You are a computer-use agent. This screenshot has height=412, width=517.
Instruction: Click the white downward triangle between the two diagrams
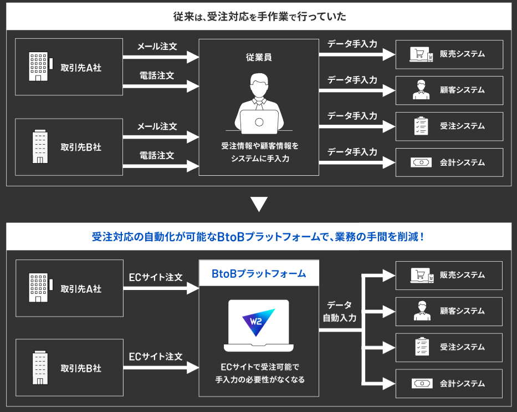point(259,204)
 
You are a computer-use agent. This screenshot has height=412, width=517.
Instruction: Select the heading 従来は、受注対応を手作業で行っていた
point(259,16)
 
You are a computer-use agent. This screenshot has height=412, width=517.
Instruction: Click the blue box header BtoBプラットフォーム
point(259,274)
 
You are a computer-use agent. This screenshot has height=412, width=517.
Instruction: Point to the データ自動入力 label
point(340,311)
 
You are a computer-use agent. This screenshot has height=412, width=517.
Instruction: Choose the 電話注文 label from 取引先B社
point(157,155)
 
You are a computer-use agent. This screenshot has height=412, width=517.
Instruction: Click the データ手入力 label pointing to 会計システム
point(352,151)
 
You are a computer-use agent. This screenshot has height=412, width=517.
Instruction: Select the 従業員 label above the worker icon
point(259,57)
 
